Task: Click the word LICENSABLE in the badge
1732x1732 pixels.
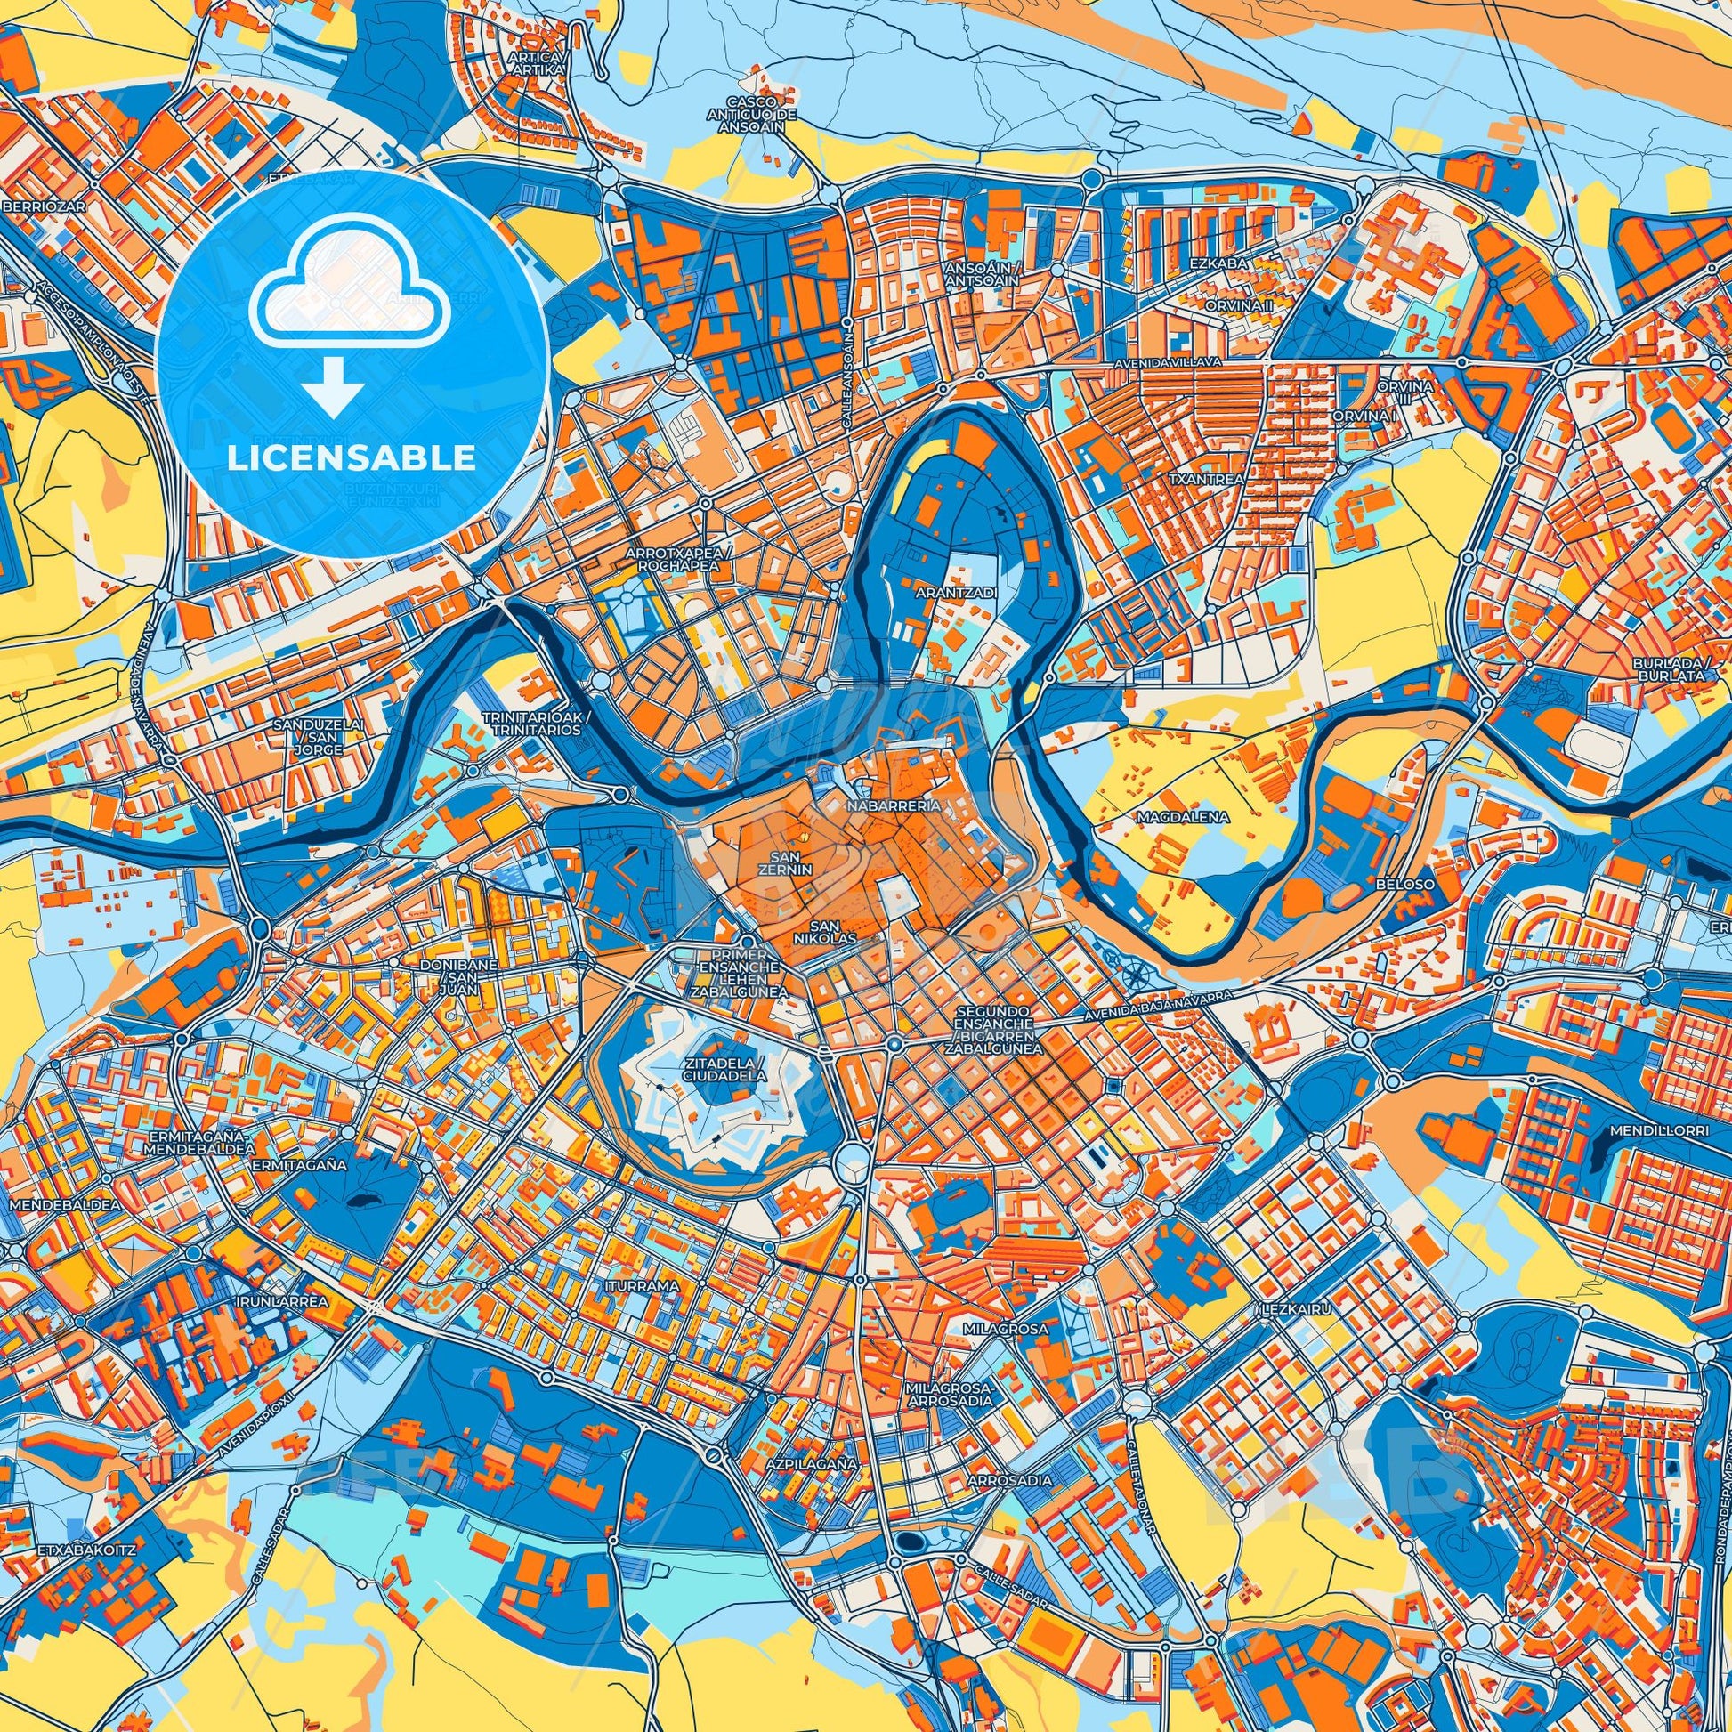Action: [352, 458]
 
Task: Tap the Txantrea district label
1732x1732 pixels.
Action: [1206, 480]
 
